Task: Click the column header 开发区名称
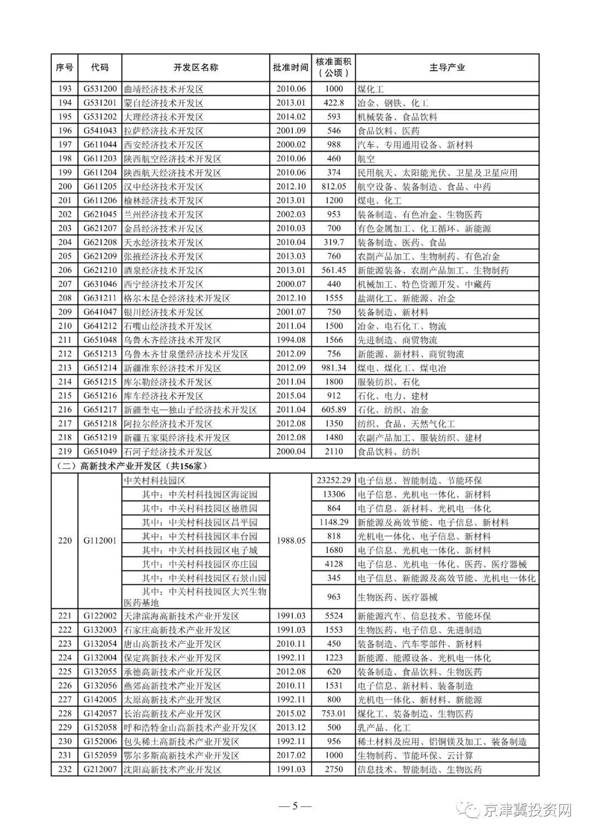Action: click(195, 67)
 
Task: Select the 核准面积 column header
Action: click(333, 67)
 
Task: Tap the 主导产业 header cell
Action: click(447, 67)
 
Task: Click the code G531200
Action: click(100, 89)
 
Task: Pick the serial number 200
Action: click(65, 187)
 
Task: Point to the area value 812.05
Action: click(333, 187)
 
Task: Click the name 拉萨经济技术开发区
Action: click(164, 131)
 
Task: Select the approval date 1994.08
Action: click(291, 340)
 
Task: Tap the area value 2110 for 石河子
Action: click(333, 452)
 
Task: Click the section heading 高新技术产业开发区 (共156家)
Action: click(131, 466)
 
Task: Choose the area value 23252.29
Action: click(333, 481)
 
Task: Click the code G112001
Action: click(100, 541)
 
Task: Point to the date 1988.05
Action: click(291, 541)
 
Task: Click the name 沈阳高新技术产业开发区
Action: click(172, 770)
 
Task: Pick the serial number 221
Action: click(65, 616)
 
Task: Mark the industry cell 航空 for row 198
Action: click(366, 159)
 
